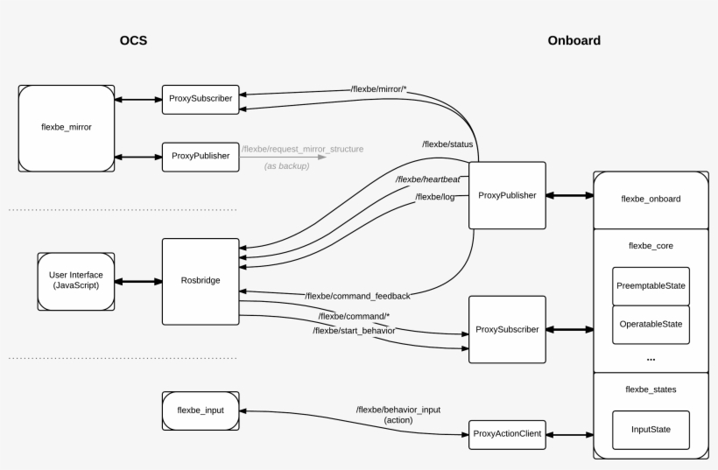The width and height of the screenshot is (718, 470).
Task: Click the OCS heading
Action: pyautogui.click(x=133, y=40)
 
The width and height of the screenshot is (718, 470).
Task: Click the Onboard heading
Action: pyautogui.click(x=574, y=40)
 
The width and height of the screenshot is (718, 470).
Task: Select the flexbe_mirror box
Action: pyautogui.click(x=67, y=127)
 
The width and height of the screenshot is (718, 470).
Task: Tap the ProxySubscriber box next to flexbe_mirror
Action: pyautogui.click(x=201, y=99)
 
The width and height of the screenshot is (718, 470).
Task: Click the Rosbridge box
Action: pyautogui.click(x=201, y=281)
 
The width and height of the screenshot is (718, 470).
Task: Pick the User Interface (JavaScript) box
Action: pyautogui.click(x=76, y=281)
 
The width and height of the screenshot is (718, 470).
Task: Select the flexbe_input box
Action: pyautogui.click(x=201, y=410)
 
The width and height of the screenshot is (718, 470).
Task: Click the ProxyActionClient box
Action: pyautogui.click(x=507, y=433)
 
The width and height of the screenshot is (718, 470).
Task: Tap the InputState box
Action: pyautogui.click(x=651, y=430)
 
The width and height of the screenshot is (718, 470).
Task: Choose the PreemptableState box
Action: pyautogui.click(x=651, y=286)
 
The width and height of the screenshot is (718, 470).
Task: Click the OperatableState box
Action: pyautogui.click(x=651, y=324)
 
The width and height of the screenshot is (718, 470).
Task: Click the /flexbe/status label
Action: pyautogui.click(x=448, y=144)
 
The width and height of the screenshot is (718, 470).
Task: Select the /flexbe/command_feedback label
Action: pyautogui.click(x=357, y=297)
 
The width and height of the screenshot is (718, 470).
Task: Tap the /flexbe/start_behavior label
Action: pyautogui.click(x=354, y=331)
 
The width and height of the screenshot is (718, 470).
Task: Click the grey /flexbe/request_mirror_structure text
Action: pyautogui.click(x=302, y=149)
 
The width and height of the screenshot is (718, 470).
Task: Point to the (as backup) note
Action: pyautogui.click(x=286, y=165)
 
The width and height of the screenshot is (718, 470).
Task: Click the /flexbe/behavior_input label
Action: pyautogui.click(x=398, y=410)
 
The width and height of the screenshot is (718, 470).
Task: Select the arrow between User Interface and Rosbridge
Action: pyautogui.click(x=138, y=281)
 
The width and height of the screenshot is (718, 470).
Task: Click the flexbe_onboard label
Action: pyautogui.click(x=651, y=199)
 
